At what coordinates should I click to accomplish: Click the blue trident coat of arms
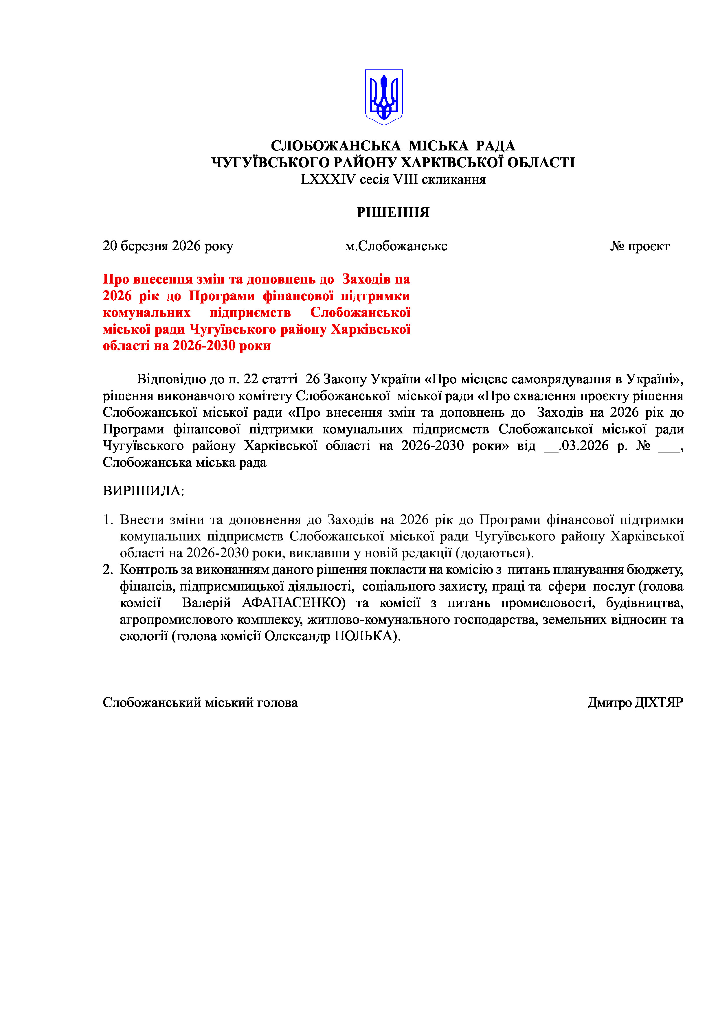click(383, 97)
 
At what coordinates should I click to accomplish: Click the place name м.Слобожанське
click(396, 246)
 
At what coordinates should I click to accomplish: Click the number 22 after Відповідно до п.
click(251, 379)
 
